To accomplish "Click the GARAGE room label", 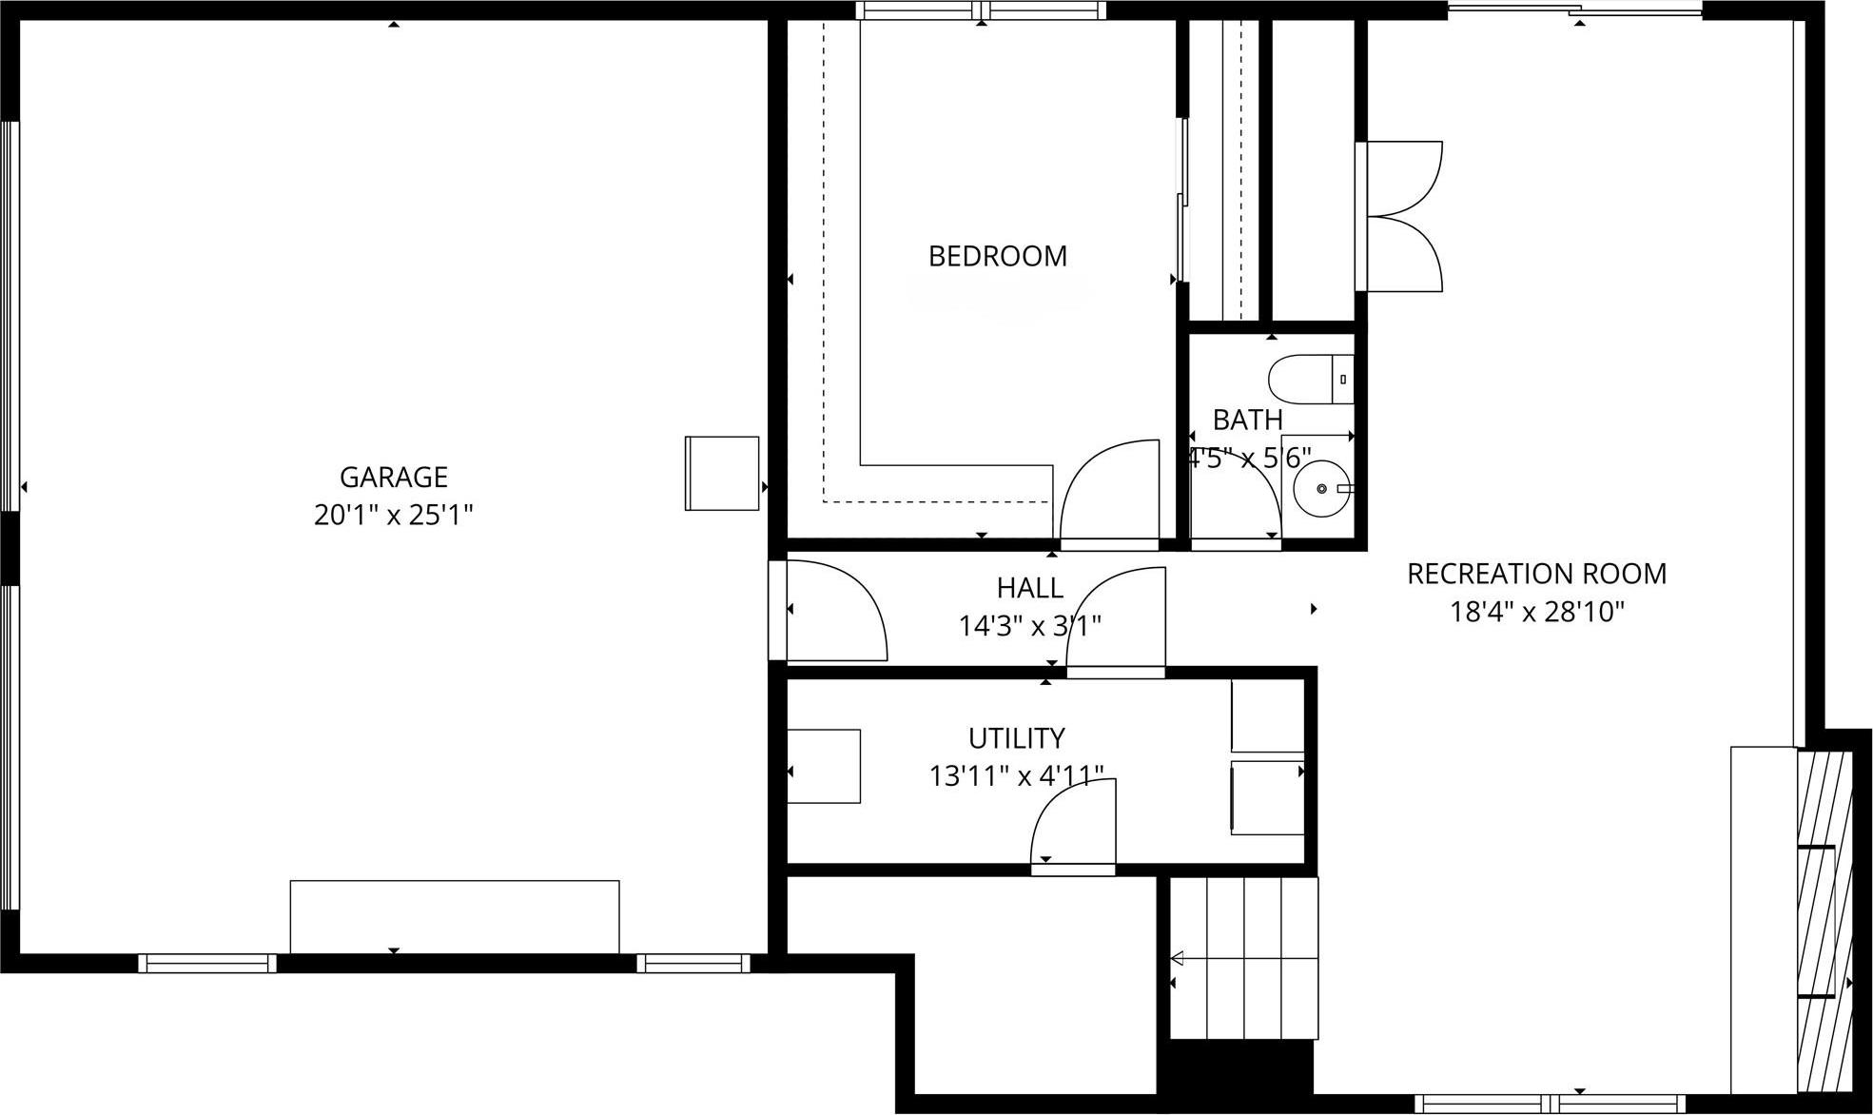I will [x=393, y=477].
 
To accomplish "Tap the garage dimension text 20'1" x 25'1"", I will [x=393, y=516].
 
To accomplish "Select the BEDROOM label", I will [x=997, y=256].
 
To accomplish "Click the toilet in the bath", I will [x=1310, y=379].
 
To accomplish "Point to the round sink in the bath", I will [x=1321, y=488].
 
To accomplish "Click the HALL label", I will [x=1029, y=588].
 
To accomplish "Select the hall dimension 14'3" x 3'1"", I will [x=1029, y=626].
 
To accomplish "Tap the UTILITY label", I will [x=1016, y=738].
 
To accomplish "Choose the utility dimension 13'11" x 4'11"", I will [x=1016, y=776].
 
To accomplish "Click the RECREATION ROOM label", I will [x=1536, y=574].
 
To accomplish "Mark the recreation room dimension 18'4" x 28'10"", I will [x=1536, y=612].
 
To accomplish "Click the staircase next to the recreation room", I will [x=1244, y=958].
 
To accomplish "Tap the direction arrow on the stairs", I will [x=1177, y=958].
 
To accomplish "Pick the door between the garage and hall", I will [x=832, y=611].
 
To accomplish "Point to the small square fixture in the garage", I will [x=722, y=473].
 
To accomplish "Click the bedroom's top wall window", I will [x=981, y=10].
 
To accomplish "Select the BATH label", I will [x=1247, y=420].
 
